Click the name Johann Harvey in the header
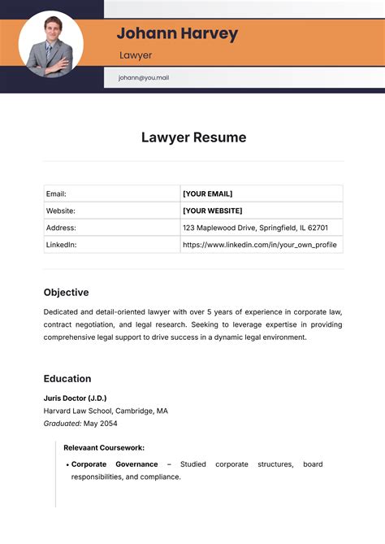point(177,33)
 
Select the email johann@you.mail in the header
point(143,78)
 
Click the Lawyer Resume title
point(193,137)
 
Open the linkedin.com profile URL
point(259,245)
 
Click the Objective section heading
point(66,292)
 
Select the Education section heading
point(67,378)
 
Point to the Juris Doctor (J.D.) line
point(75,398)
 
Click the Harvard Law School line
point(106,411)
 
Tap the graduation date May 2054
point(102,424)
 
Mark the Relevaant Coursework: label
point(104,447)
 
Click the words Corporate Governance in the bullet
point(115,464)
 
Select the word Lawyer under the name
point(136,55)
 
